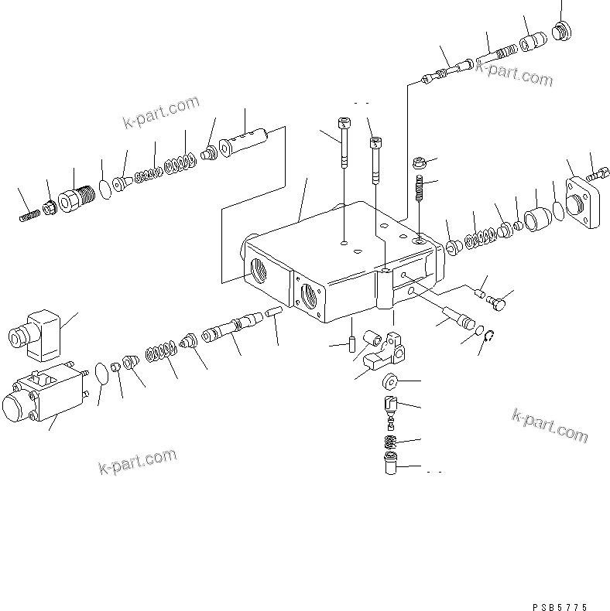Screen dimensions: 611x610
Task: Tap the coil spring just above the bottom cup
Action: point(391,445)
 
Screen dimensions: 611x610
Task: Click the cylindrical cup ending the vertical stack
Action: point(391,467)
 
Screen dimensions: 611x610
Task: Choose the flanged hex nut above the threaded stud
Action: point(419,164)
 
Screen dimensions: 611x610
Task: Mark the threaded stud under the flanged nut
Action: point(418,188)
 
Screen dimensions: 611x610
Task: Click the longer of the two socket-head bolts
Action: point(343,142)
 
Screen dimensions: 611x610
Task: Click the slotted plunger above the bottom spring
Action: point(390,407)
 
